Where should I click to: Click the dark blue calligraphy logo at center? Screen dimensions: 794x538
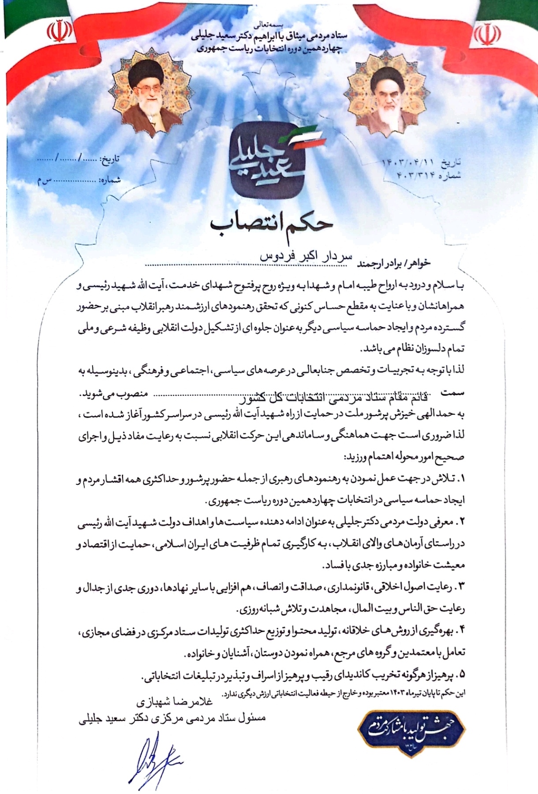(269, 158)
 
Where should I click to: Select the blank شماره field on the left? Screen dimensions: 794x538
(79, 180)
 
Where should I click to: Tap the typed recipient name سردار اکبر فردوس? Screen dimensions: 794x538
(306, 257)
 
